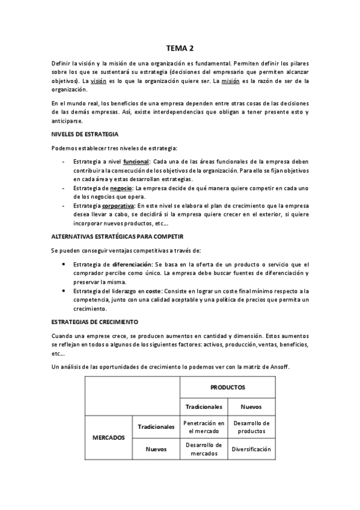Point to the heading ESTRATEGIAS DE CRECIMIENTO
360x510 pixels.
[95, 322]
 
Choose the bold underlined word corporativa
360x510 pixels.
[135, 206]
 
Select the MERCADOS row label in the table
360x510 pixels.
[108, 437]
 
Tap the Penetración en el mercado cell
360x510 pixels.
[204, 426]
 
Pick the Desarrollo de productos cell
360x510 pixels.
[251, 426]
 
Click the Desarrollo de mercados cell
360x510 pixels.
[204, 449]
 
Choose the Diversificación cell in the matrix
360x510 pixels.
[251, 449]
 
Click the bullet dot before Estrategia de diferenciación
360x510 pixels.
[64, 265]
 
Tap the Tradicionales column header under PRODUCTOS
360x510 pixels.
[204, 407]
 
